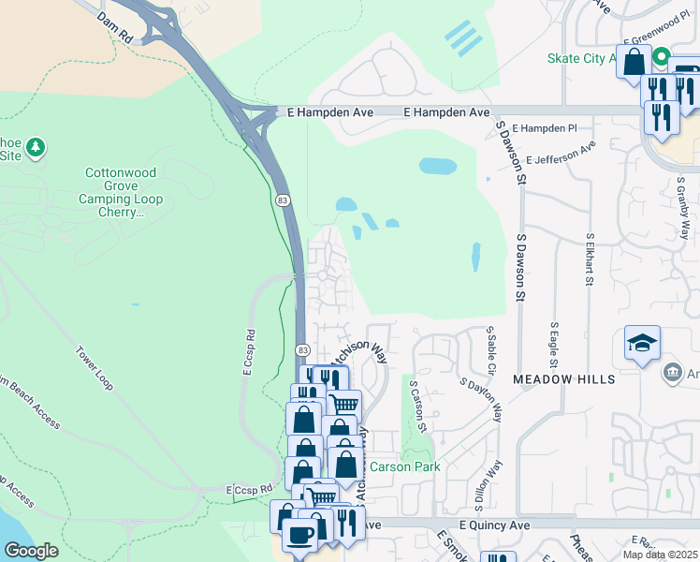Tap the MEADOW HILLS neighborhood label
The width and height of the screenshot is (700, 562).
click(x=563, y=379)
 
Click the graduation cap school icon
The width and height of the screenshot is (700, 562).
click(x=643, y=344)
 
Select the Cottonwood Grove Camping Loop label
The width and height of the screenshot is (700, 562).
click(x=124, y=192)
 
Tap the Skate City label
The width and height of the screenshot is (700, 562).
click(x=580, y=58)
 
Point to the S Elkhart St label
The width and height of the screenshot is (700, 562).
click(x=590, y=261)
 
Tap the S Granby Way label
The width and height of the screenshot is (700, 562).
click(x=684, y=214)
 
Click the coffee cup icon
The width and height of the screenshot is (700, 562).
click(x=299, y=535)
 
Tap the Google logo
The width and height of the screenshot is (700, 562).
click(x=31, y=551)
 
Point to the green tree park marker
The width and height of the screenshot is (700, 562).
click(x=36, y=147)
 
